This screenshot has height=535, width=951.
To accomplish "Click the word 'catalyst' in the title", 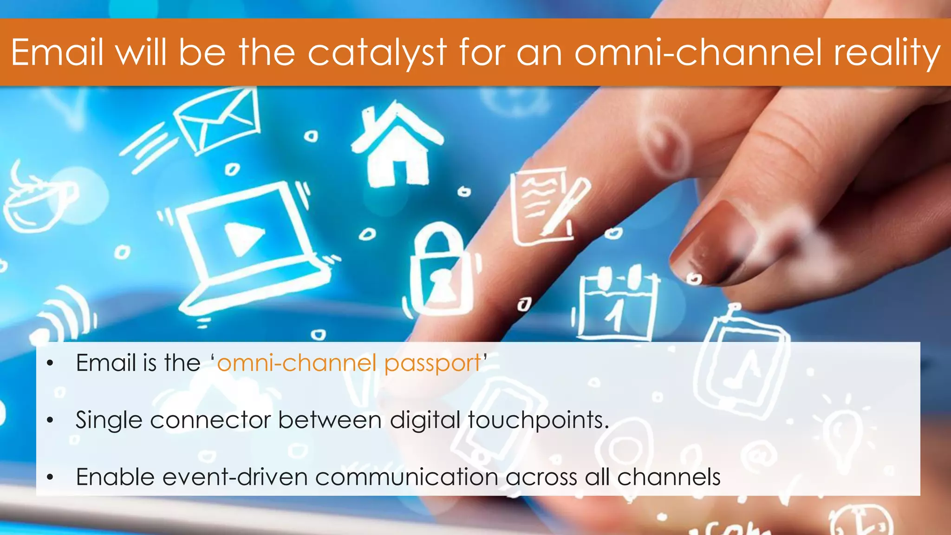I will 377,53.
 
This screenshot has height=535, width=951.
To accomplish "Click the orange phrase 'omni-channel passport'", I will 349,363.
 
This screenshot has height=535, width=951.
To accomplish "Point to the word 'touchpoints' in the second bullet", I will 537,421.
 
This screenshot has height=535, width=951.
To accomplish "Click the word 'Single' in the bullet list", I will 109,421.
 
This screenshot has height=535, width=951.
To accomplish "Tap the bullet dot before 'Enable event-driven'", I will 50,477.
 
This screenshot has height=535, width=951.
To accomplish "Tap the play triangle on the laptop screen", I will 243,237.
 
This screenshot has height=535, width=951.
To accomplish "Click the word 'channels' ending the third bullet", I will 668,477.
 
